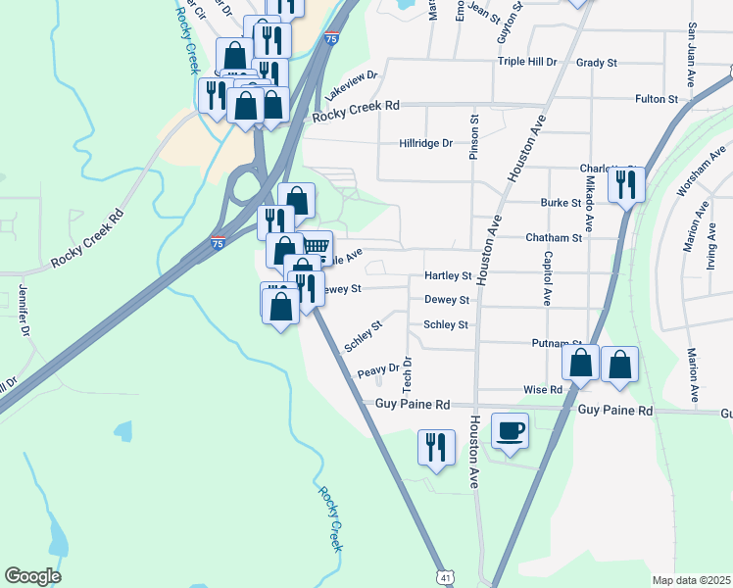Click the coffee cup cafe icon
point(510,430)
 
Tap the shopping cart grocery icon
point(316,246)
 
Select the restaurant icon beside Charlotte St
point(624,183)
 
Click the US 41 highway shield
point(446,579)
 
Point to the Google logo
point(32,576)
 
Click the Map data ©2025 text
point(691,580)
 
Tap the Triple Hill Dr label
point(527,62)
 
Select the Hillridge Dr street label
point(426,143)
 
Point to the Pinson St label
point(474,137)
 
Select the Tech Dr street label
point(408,372)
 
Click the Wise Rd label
point(542,389)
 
